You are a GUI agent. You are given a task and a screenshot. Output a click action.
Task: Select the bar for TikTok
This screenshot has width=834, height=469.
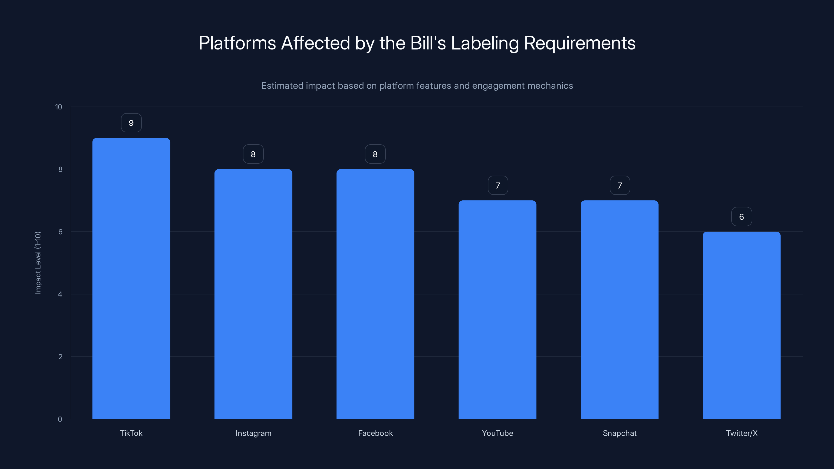point(131,278)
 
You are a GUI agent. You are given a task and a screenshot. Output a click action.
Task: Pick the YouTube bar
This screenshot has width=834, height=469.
point(497,310)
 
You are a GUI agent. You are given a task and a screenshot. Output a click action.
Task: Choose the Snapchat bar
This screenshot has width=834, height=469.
point(619,310)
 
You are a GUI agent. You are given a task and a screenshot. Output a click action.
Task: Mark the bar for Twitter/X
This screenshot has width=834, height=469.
point(741,325)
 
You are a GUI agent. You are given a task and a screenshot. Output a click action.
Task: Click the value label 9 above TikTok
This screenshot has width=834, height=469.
point(131,123)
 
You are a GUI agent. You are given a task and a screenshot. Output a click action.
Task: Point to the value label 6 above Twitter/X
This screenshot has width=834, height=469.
point(741,217)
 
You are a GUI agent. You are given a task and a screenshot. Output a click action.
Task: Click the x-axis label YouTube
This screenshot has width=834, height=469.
point(497,433)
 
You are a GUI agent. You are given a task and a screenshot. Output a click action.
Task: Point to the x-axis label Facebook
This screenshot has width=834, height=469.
point(375,433)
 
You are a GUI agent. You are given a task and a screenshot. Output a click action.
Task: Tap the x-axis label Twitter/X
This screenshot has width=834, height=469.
point(741,433)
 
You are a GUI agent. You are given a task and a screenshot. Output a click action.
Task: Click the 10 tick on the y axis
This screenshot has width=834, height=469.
point(59,107)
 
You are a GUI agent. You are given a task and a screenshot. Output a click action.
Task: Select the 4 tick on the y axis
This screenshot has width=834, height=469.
point(60,294)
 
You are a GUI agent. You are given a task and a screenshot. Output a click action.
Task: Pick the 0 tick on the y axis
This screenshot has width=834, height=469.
point(60,419)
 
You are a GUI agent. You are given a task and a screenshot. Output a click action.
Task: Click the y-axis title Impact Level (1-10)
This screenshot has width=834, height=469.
point(38,262)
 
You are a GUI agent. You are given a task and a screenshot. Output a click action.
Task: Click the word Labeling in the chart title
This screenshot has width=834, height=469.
point(485,43)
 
